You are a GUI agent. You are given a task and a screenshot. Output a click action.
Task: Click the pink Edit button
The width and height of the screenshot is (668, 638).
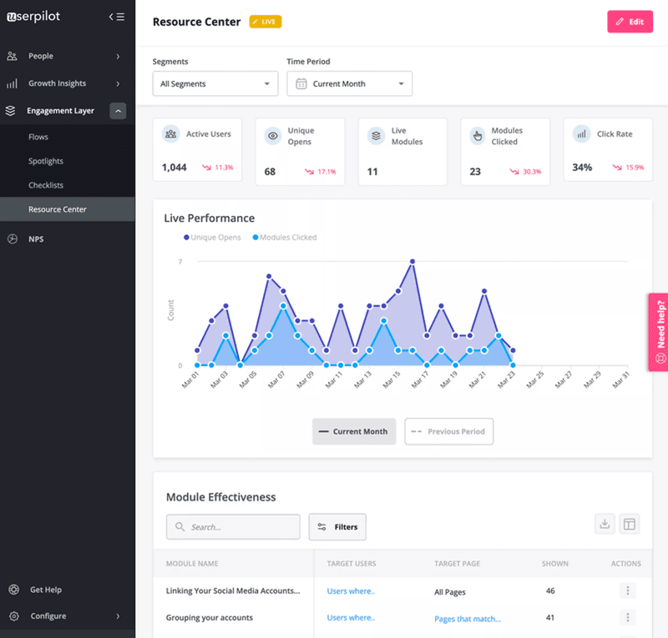click(x=630, y=22)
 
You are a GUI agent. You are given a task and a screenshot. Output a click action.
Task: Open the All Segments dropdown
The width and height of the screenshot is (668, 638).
click(x=215, y=84)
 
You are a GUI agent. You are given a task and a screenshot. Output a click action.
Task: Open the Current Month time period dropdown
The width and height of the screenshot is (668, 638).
click(x=349, y=84)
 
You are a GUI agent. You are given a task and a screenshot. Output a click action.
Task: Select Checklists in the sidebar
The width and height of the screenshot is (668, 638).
click(x=46, y=185)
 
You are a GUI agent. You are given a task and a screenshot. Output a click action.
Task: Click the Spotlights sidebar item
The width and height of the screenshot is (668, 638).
click(x=46, y=161)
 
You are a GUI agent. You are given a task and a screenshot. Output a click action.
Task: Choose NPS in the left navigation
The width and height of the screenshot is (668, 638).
click(x=36, y=239)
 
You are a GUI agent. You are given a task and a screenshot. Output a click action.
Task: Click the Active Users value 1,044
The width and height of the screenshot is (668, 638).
click(x=175, y=168)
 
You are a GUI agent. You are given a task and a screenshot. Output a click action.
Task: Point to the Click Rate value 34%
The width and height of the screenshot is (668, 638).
click(x=582, y=168)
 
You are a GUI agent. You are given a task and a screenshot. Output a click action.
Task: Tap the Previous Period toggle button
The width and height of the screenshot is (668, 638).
click(x=449, y=432)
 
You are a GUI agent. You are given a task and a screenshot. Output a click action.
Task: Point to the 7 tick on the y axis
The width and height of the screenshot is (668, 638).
click(x=180, y=262)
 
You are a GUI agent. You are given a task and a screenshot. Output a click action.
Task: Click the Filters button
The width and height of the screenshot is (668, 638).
click(x=337, y=527)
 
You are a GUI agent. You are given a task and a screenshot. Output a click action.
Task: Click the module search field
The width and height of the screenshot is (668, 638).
click(x=233, y=527)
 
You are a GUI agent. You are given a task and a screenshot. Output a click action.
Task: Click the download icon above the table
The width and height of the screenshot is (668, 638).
click(x=605, y=524)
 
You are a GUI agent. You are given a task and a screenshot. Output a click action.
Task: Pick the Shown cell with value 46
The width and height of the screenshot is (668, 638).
click(x=550, y=591)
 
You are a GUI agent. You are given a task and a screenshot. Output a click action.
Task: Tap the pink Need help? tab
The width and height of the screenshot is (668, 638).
click(x=659, y=331)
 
